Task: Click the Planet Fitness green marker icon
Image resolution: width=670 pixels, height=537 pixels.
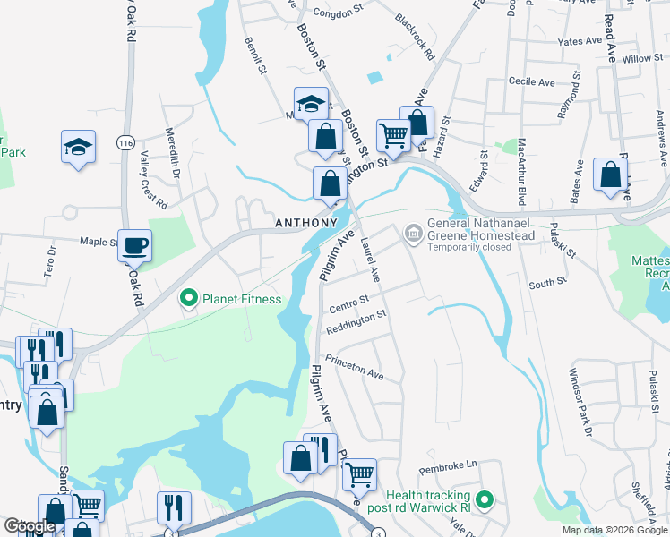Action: (189, 298)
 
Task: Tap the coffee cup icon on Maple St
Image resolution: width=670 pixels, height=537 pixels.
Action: (135, 245)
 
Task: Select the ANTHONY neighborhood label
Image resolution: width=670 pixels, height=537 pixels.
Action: (305, 223)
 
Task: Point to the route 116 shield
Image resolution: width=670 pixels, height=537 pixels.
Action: (125, 142)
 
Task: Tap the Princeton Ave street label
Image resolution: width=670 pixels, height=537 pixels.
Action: (355, 368)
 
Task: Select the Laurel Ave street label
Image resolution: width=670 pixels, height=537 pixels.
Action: (371, 260)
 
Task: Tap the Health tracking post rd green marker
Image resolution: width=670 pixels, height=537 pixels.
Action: (485, 499)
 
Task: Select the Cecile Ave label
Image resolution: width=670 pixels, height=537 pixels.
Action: (532, 81)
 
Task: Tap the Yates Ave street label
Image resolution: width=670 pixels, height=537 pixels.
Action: (580, 41)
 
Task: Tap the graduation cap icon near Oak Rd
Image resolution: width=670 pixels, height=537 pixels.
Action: (78, 147)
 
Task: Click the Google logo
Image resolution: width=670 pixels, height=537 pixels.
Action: (30, 526)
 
